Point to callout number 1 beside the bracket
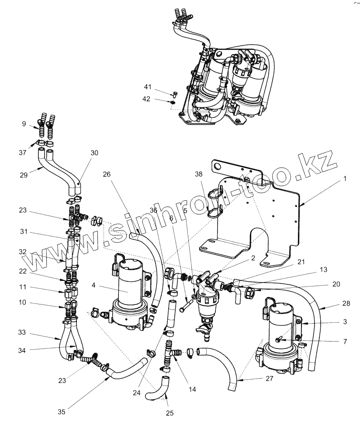coord(344,178)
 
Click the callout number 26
coord(107,174)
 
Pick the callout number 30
coord(94,153)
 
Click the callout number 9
coord(24,124)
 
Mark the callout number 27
coord(269,379)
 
